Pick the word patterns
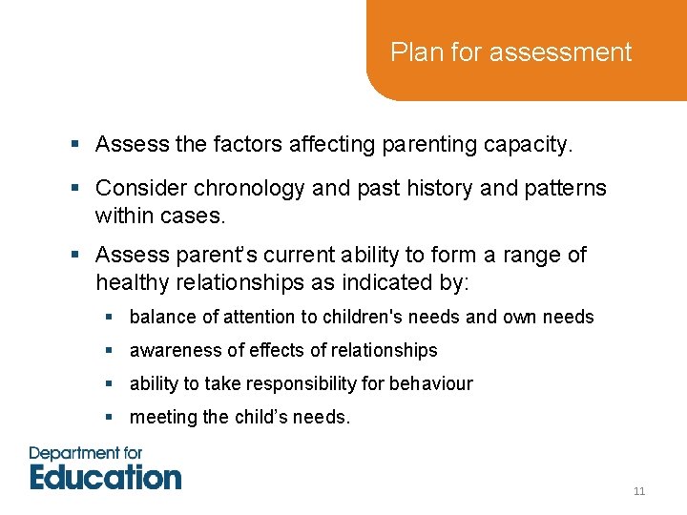tap(562, 188)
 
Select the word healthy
tap(132, 283)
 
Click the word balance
tap(159, 317)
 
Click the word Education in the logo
tap(105, 476)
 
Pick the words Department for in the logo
tap(85, 453)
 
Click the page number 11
tap(638, 491)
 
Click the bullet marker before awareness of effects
tap(111, 351)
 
